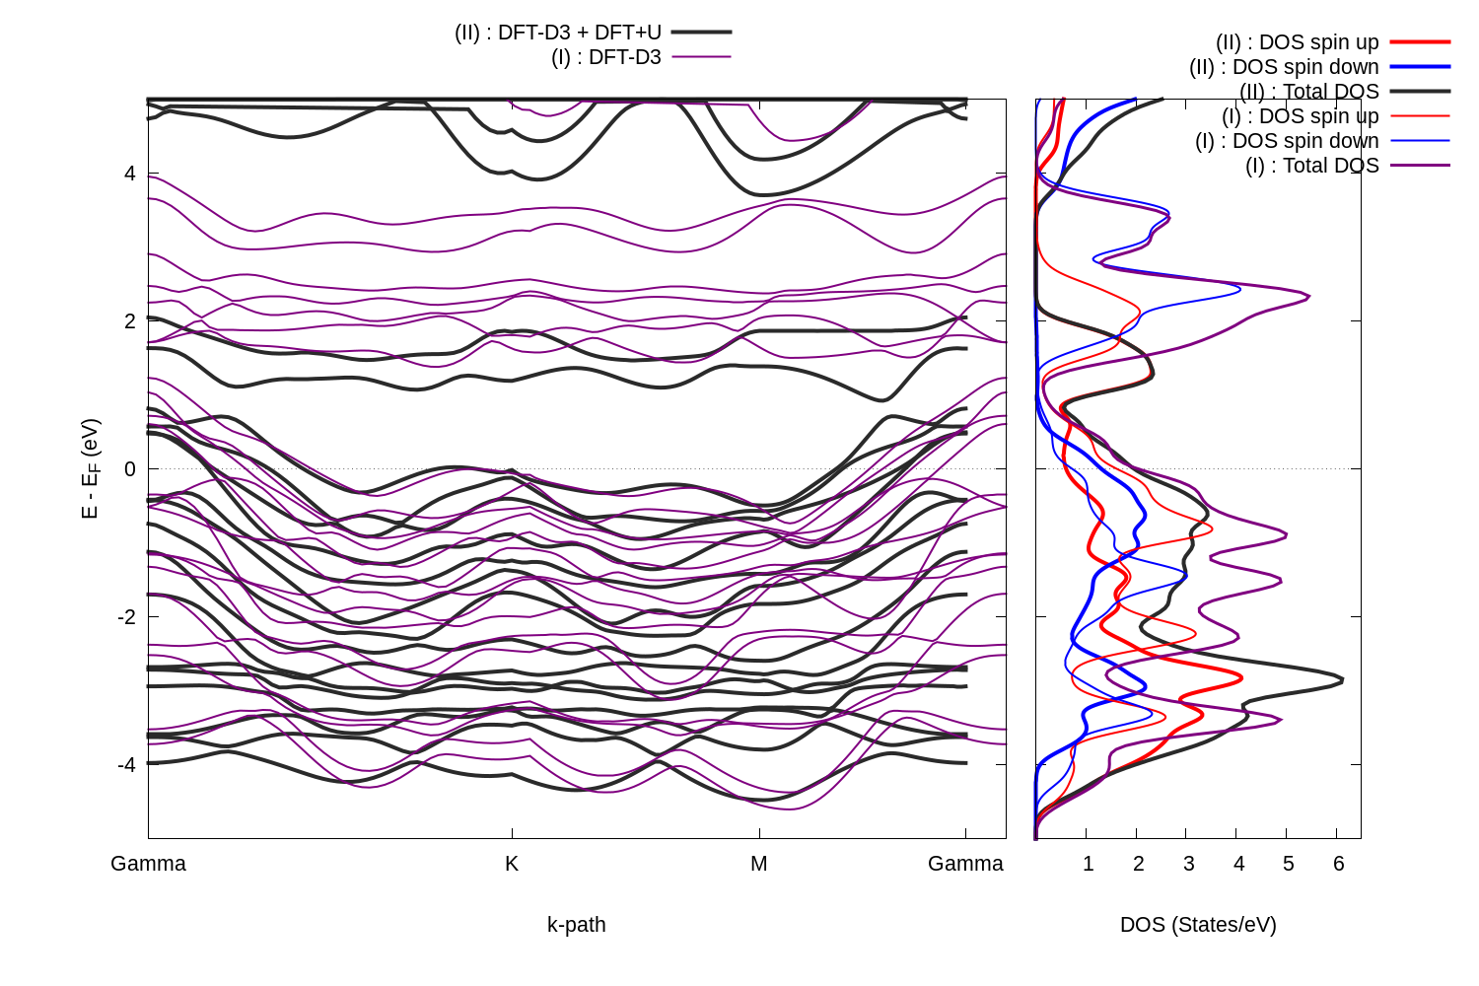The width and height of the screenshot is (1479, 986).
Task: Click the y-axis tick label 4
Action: tap(129, 175)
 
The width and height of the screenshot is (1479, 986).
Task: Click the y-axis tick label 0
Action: tap(129, 469)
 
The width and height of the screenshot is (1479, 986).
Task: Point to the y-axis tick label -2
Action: tap(126, 617)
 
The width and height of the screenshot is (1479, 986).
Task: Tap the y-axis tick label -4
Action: tap(126, 764)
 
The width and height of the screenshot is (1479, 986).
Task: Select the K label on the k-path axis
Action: tap(512, 864)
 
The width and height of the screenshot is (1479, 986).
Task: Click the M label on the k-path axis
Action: tap(758, 864)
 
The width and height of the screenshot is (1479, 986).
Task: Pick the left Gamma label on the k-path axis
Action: tap(148, 864)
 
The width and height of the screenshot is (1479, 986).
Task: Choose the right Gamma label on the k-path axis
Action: tap(965, 864)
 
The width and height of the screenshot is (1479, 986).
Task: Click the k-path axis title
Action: tap(577, 925)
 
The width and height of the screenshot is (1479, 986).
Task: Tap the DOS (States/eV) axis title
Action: tap(1198, 925)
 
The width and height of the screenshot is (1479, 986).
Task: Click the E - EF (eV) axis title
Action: tap(91, 469)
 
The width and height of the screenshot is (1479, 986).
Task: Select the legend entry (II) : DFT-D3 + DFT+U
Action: tap(558, 33)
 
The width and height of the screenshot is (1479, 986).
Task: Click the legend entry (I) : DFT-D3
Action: tap(606, 57)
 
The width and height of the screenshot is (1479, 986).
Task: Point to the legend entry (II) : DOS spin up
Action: tap(1297, 42)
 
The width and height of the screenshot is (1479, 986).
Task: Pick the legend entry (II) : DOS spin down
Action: tap(1284, 67)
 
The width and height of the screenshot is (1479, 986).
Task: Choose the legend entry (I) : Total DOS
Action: tap(1311, 166)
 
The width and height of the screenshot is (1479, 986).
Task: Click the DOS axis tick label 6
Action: tap(1338, 864)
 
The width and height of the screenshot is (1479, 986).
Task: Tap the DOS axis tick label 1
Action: tap(1088, 864)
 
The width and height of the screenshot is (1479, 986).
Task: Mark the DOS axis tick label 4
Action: tap(1238, 864)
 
